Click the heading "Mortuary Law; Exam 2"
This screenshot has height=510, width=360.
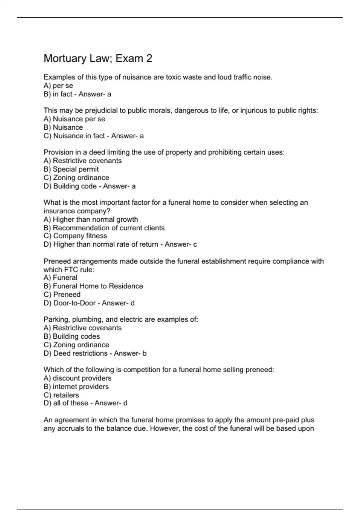click(98, 58)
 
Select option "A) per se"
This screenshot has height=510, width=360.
click(58, 85)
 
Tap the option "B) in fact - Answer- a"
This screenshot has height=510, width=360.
click(77, 94)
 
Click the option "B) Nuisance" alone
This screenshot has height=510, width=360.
click(63, 127)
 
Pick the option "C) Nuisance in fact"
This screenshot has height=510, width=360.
click(74, 136)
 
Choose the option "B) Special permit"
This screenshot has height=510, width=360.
click(71, 169)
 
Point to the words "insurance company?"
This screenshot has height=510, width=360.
click(77, 211)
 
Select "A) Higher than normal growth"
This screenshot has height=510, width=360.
click(91, 219)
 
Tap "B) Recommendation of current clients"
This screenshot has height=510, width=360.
click(104, 228)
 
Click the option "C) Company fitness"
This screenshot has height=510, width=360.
click(75, 236)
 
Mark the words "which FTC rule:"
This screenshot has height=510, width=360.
click(69, 269)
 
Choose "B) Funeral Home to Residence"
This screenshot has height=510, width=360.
click(93, 286)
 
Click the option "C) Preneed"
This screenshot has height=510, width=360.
click(62, 294)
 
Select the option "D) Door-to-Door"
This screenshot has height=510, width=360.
click(70, 303)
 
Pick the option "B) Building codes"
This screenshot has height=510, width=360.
click(71, 336)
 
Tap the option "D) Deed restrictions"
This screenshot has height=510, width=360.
click(75, 353)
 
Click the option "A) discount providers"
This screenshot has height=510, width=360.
click(77, 378)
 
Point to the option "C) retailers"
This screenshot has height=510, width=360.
click(61, 395)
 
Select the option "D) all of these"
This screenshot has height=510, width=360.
click(66, 403)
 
